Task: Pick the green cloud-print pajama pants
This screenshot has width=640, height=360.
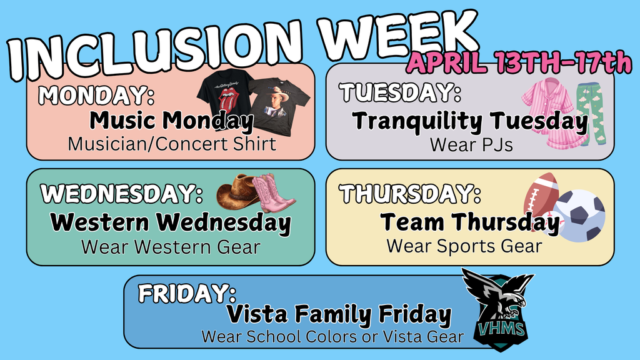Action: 592,112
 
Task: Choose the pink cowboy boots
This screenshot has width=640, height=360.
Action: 273,194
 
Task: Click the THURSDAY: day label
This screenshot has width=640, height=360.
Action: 411,194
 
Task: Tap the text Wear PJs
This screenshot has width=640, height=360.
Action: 471,145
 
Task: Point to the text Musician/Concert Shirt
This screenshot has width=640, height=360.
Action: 172,144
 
